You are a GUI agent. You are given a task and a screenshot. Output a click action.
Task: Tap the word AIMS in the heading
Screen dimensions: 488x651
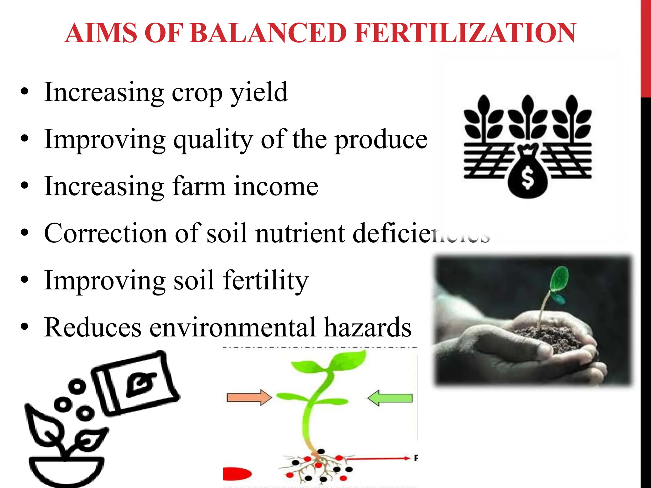click(x=101, y=33)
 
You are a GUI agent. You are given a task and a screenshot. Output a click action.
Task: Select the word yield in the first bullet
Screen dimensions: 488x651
click(x=259, y=92)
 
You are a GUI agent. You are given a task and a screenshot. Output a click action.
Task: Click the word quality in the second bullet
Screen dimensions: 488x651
click(x=213, y=140)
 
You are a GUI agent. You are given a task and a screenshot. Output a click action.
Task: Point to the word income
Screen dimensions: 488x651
click(x=276, y=186)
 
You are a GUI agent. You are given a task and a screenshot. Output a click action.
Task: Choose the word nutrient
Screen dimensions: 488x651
click(x=300, y=233)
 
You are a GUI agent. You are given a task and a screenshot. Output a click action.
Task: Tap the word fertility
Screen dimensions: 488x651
click(x=265, y=280)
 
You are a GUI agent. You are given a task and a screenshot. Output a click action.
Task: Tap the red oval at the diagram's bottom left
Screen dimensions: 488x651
click(x=237, y=474)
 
